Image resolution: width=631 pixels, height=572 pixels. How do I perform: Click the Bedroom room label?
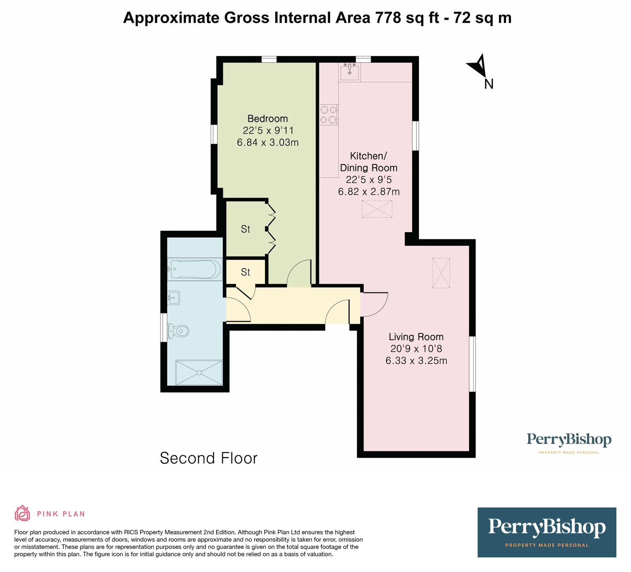coord(267,119)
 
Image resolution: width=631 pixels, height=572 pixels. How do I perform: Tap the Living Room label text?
coord(416,337)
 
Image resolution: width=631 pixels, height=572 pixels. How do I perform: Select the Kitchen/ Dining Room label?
coord(369,162)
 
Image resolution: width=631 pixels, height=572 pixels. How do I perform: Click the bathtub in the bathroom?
coord(195,269)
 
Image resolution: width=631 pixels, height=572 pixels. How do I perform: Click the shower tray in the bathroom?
coord(199,372)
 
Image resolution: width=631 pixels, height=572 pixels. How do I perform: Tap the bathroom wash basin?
coord(174,298)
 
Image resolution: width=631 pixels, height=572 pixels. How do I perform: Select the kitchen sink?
coord(350,72)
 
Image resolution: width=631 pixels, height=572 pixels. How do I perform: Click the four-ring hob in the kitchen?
coord(329,114)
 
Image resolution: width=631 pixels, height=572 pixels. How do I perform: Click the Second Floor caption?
coord(209,458)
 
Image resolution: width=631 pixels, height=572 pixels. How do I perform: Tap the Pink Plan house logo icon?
coord(22,513)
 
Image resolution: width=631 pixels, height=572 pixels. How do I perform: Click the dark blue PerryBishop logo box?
coord(547,532)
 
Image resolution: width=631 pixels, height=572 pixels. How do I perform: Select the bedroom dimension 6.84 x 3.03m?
coord(268,142)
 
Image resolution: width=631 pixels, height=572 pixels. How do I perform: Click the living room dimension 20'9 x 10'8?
coord(416,349)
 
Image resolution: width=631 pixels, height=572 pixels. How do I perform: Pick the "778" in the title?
coord(388,18)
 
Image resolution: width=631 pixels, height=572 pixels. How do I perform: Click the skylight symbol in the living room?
coord(441,273)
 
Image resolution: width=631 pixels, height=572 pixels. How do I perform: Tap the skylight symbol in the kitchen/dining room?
coord(377,209)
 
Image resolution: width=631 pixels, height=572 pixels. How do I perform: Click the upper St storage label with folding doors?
coord(246,229)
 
